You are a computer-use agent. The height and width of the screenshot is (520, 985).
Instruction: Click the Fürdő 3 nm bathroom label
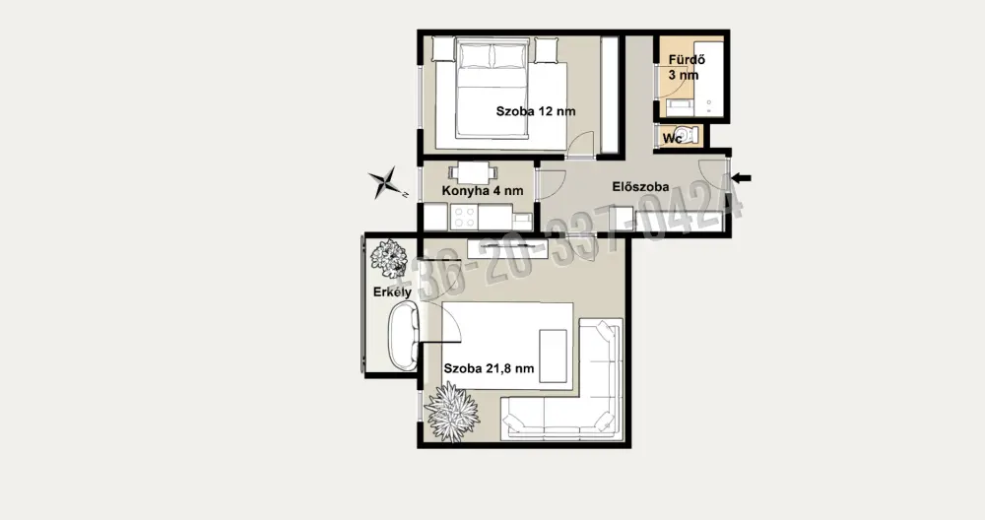tap(686, 68)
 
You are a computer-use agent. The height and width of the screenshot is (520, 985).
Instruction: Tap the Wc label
tap(672, 138)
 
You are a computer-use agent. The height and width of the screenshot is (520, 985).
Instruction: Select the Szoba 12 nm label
tap(536, 112)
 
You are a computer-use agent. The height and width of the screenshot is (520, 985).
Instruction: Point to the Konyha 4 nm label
tap(483, 191)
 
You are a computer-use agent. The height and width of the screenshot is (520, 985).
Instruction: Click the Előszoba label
tap(641, 187)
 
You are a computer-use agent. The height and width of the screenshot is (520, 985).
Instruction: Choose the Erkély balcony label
tap(393, 292)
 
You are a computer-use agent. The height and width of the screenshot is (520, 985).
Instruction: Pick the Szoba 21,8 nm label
tap(490, 368)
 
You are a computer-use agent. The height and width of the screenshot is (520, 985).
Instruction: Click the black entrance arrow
tap(742, 178)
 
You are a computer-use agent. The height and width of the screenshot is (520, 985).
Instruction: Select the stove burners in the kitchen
tap(464, 218)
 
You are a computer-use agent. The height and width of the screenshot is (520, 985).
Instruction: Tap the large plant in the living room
tap(452, 412)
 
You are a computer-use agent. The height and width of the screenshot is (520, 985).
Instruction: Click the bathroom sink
tap(679, 107)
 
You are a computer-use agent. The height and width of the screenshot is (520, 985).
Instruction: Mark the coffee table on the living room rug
tap(554, 356)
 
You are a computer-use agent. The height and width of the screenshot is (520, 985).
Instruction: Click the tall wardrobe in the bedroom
tap(610, 95)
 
